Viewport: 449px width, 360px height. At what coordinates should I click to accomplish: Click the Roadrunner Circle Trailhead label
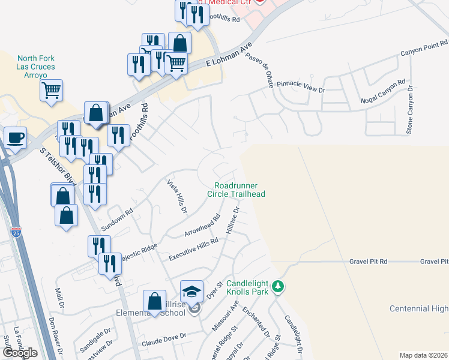pos(236,190)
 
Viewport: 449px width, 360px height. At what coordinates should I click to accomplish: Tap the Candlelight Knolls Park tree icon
pos(277,286)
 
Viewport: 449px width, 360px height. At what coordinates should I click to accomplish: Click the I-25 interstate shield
pos(16,232)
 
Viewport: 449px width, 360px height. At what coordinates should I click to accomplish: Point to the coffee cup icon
pos(16,137)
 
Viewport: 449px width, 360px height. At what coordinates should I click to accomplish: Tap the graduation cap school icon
pos(192,292)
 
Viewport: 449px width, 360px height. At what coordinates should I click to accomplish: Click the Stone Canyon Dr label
pos(410,109)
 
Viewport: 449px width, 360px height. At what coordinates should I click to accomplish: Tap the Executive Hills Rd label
pos(193,248)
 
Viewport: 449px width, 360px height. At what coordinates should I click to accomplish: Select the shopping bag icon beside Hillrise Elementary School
pos(155,301)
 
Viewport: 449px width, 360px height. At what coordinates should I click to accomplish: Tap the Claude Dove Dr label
pos(163,340)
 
